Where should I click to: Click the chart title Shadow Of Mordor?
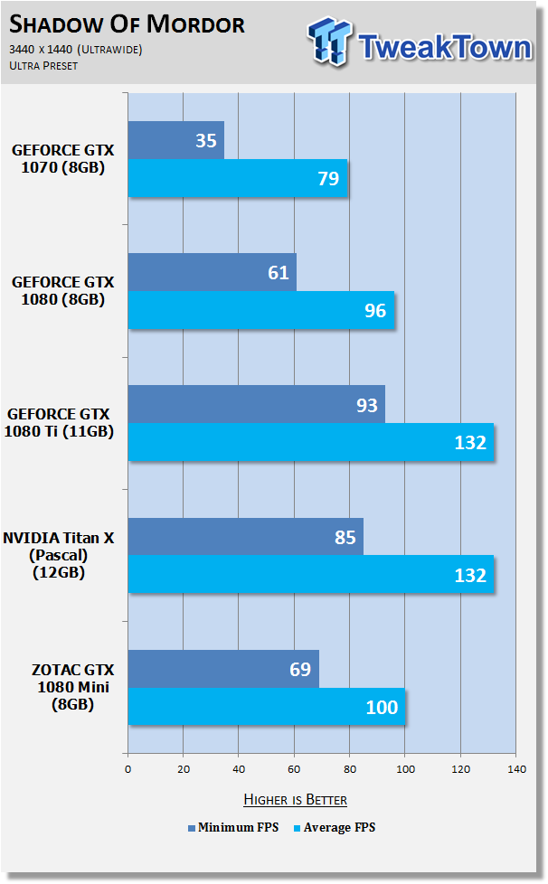pos(127,24)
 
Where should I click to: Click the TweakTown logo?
pos(420,42)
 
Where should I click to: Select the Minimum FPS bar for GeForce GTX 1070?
pos(176,140)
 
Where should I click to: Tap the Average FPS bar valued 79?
pos(238,178)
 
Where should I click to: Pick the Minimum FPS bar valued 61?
pos(212,272)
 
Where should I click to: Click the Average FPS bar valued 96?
pos(261,310)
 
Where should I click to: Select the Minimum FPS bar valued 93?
pos(257,404)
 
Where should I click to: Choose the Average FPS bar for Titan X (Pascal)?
pos(311,575)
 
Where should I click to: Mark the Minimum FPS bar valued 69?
pos(223,669)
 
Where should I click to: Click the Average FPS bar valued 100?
pos(267,707)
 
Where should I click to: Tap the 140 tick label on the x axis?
pos(516,769)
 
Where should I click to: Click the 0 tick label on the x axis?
pos(128,769)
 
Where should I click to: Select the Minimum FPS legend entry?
pos(233,828)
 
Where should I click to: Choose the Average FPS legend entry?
pos(335,828)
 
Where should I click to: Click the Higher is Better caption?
pos(296,799)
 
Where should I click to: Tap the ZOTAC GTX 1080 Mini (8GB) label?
pos(72,687)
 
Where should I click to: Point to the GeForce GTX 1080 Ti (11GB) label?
pos(59,422)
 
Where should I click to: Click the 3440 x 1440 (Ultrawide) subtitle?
pos(76,50)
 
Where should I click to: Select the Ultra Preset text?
pos(43,65)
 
